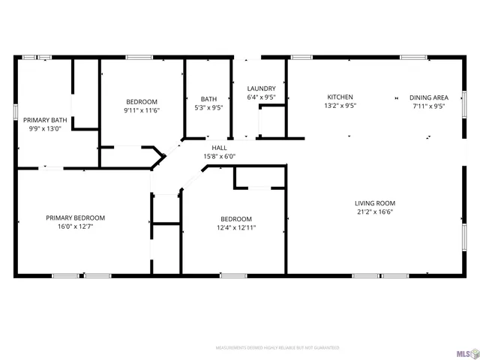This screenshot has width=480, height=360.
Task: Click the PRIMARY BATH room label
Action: click(x=45, y=120)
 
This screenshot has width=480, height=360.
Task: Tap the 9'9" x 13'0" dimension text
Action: click(x=45, y=128)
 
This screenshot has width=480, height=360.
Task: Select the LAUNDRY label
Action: click(x=261, y=88)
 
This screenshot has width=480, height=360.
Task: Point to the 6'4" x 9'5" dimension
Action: click(x=261, y=97)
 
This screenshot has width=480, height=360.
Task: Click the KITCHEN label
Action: click(x=340, y=97)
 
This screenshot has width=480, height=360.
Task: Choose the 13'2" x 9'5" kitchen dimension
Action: click(x=340, y=106)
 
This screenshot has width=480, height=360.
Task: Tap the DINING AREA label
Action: click(x=428, y=97)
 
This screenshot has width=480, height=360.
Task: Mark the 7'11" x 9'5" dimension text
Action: click(x=428, y=106)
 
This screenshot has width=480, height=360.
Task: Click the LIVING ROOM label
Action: click(x=375, y=203)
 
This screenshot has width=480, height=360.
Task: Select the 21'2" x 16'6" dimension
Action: click(x=375, y=212)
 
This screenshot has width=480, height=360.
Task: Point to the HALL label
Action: click(x=219, y=148)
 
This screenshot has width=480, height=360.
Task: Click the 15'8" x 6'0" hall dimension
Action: click(x=219, y=156)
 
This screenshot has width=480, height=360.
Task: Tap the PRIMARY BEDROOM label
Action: click(x=75, y=217)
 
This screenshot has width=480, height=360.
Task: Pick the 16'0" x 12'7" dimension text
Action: click(x=75, y=226)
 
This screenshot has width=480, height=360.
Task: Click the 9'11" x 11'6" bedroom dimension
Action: click(x=142, y=110)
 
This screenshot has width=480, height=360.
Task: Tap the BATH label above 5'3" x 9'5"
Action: click(x=208, y=99)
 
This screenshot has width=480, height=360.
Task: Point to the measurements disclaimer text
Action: click(x=277, y=348)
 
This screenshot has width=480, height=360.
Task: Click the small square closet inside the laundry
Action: click(x=271, y=121)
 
